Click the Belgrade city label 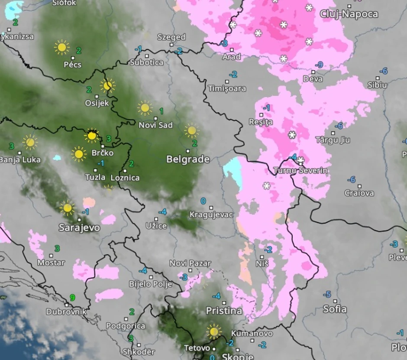188,159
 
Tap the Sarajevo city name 79,228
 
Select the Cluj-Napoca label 349,14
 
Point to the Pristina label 224,311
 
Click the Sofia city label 335,309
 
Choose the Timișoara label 227,88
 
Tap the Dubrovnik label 67,311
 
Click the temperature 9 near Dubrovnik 73,298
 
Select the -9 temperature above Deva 320,65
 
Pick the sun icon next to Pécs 62,47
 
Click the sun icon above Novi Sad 145,107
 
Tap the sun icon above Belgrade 191,130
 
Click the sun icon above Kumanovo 213,331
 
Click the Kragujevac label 211,214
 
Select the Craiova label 359,193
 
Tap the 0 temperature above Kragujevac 203,201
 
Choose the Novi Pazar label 190,263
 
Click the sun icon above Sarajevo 67,208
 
